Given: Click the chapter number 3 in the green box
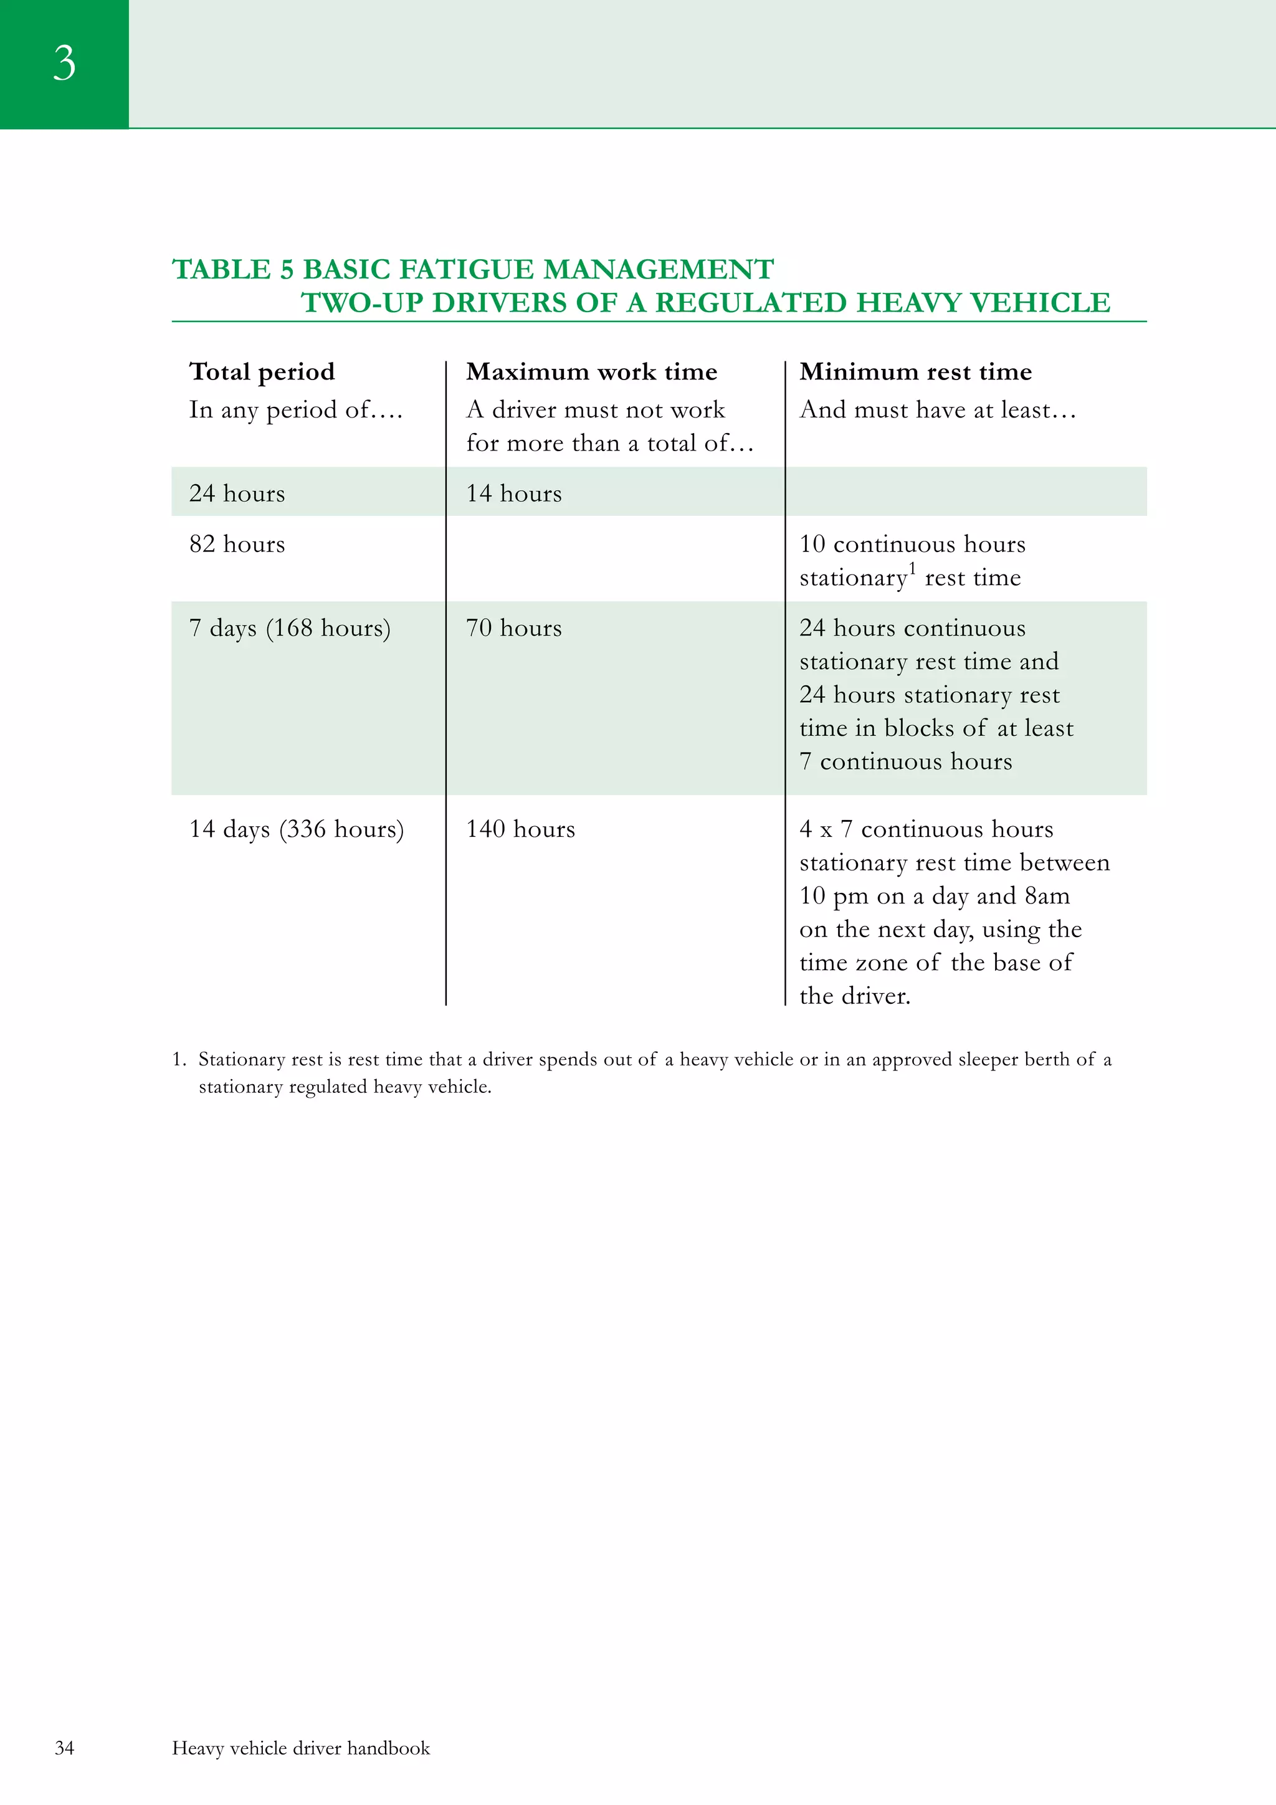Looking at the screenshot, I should (64, 63).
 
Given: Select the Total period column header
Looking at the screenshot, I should (262, 371).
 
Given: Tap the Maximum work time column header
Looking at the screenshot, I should (591, 371).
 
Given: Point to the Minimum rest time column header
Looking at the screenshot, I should (915, 371).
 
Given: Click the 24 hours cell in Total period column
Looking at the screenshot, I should (237, 493).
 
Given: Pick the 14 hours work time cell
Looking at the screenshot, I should (513, 493).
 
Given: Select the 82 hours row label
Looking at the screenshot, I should (237, 544).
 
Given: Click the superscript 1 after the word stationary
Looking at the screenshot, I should (912, 568).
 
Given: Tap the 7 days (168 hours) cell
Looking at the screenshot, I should (289, 628).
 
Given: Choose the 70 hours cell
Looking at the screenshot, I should (513, 628).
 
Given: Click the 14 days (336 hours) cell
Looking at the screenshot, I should (297, 829).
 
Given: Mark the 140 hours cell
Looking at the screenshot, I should (520, 829).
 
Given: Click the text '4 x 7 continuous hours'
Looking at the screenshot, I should (925, 829).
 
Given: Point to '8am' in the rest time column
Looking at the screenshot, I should (1047, 896).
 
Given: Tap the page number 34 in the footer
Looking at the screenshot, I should (64, 1748).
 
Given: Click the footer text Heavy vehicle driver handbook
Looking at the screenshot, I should (300, 1748).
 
